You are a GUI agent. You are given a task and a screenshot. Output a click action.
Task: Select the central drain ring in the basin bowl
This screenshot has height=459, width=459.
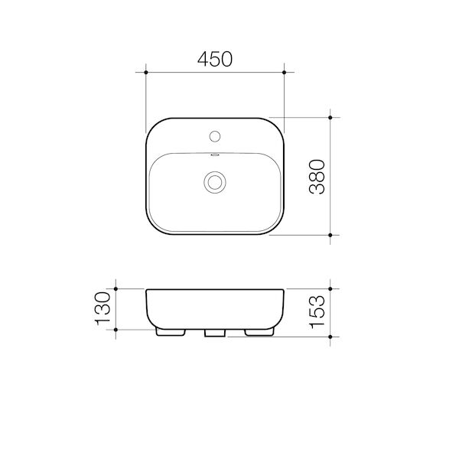coord(216,182)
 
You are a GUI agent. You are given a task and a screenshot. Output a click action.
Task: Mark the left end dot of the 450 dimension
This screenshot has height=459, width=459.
coord(145,73)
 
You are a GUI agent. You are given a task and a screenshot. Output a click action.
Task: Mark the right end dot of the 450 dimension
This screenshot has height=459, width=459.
coord(285,73)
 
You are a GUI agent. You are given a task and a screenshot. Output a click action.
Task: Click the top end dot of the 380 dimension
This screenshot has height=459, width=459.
coord(330,118)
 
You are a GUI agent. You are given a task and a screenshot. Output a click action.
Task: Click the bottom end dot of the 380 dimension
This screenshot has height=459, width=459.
coord(330,235)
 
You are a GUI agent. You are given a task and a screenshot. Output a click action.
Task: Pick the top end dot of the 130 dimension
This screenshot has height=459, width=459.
coord(115,289)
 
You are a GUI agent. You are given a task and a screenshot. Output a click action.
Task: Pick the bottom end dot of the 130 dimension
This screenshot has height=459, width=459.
coord(115,330)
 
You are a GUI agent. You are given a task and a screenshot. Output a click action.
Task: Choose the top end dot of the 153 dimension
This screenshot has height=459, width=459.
coord(330,289)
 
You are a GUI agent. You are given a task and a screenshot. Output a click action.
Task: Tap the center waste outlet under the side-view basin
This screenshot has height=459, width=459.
coord(215,334)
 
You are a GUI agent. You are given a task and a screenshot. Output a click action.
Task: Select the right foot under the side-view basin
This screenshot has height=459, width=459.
coord(260,333)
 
